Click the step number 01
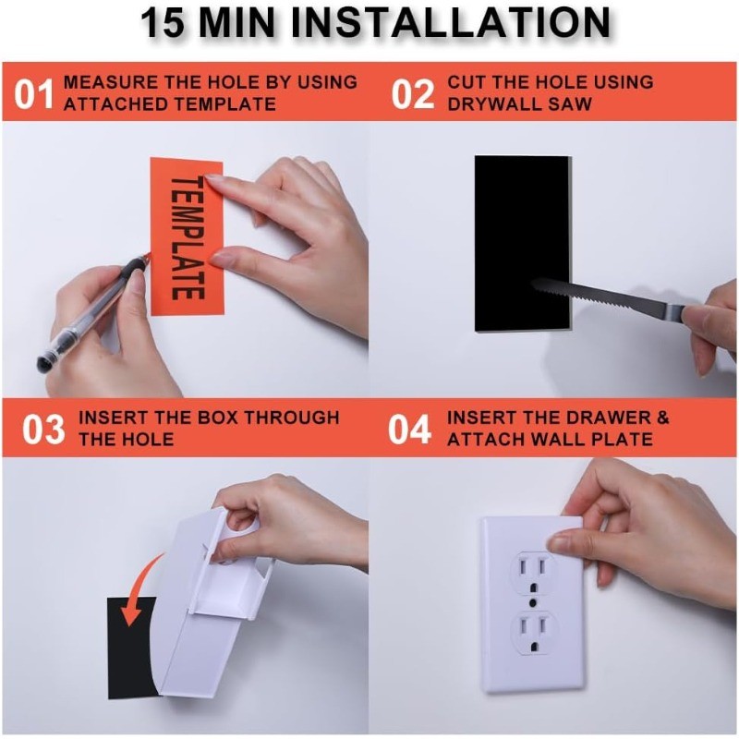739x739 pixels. pos(35,93)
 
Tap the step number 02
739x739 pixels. pos(412,93)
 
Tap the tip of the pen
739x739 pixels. pos(147,258)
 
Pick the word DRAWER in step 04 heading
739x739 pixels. pos(600,418)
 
